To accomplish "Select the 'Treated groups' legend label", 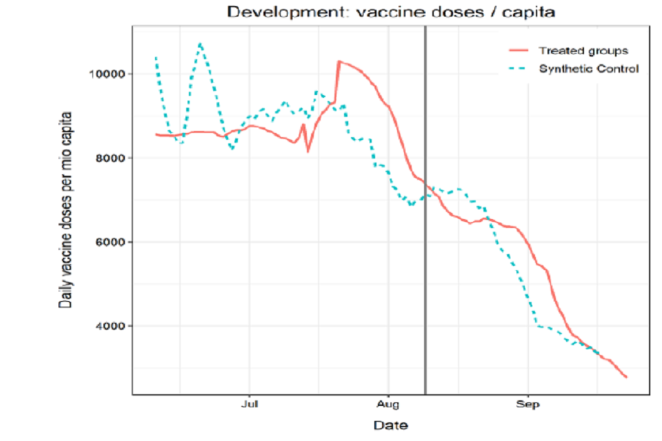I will pyautogui.click(x=583, y=51).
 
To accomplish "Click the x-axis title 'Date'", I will pyautogui.click(x=390, y=425).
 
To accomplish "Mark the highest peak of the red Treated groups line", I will pyautogui.click(x=338, y=61).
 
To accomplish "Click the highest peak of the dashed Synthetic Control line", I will pyautogui.click(x=200, y=43).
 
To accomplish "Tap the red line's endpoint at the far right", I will pyautogui.click(x=626, y=377).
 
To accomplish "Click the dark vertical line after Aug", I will pyautogui.click(x=425, y=207).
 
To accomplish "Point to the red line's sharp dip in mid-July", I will pyautogui.click(x=308, y=151).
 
